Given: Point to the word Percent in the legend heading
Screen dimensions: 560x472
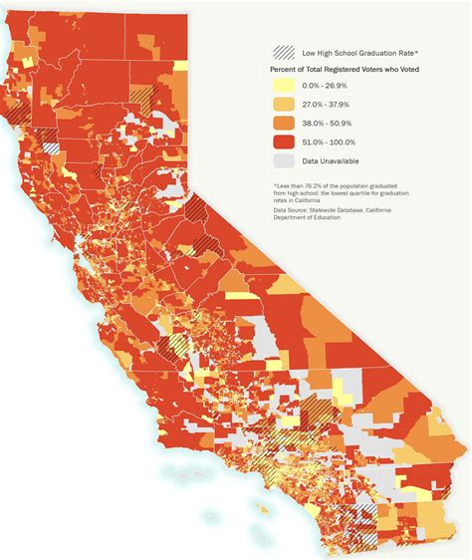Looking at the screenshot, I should pyautogui.click(x=285, y=70).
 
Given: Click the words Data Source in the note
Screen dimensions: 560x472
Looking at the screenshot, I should pyautogui.click(x=292, y=210).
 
